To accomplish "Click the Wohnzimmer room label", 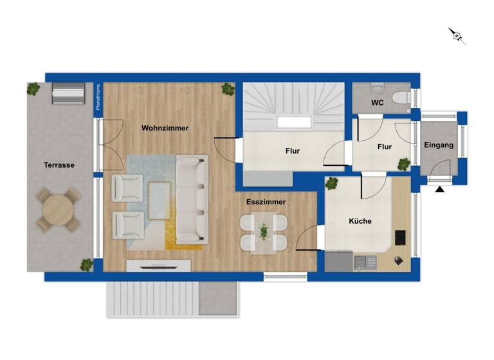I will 165,128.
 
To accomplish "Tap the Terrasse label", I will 59,165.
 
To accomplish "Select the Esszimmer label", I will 266,202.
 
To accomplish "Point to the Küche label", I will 360,221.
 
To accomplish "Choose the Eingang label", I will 439,145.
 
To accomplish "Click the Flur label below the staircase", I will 293,152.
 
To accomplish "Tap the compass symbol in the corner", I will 457,35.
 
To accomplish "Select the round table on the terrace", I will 59,209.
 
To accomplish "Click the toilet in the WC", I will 401,98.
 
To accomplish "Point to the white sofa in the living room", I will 192,199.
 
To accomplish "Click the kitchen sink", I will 365,262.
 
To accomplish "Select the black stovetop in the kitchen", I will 401,238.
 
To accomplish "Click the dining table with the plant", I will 264,233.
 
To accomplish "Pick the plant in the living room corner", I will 228,89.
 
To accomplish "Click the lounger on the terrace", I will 68,94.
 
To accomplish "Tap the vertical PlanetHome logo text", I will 98,98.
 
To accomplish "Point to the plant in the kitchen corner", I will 332,184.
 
